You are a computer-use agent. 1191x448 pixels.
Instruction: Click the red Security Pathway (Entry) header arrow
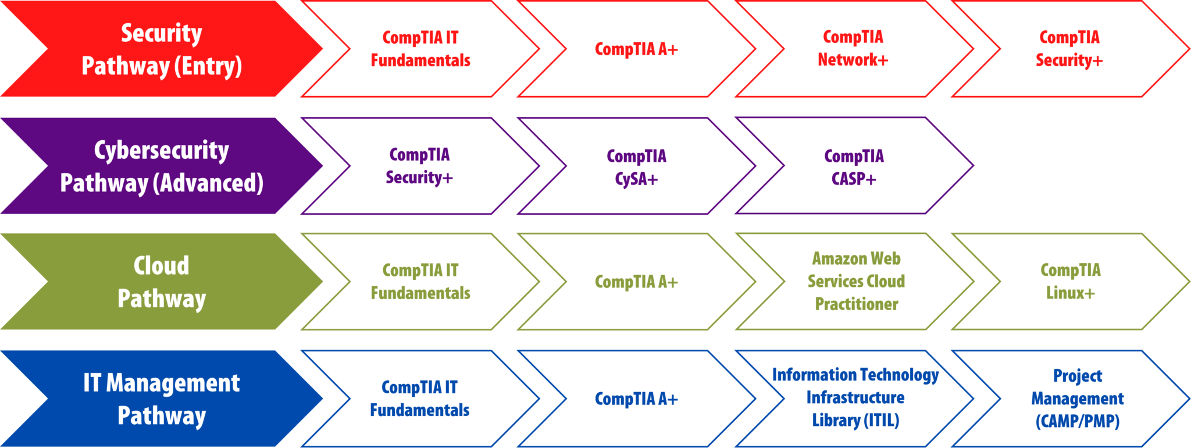click(161, 49)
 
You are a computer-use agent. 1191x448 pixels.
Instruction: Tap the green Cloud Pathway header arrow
click(161, 282)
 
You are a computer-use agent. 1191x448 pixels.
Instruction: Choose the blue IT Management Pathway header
click(161, 399)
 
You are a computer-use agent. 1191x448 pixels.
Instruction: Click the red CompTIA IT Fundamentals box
click(420, 49)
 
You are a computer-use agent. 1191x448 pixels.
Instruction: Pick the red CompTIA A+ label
click(636, 49)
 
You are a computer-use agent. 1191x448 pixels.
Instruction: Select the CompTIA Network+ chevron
click(853, 48)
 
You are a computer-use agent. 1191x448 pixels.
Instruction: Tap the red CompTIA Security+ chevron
click(1069, 49)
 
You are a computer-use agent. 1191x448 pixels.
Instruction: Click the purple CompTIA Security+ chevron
click(419, 166)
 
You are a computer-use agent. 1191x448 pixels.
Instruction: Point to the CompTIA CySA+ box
click(636, 167)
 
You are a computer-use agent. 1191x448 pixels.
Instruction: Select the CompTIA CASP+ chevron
click(854, 167)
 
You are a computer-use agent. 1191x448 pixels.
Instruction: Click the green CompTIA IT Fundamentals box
click(420, 282)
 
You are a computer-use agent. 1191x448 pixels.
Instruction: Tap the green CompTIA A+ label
click(636, 282)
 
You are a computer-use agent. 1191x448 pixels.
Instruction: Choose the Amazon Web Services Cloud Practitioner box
click(856, 282)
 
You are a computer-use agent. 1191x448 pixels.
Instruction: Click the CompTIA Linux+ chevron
click(1070, 282)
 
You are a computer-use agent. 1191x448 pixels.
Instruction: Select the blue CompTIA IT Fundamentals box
click(419, 399)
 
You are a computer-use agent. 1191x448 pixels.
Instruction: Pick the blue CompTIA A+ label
click(636, 399)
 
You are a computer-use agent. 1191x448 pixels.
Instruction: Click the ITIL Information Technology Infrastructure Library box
click(855, 398)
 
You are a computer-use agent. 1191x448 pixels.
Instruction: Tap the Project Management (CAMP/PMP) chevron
click(1077, 399)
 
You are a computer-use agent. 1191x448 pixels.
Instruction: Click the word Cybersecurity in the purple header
click(161, 150)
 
